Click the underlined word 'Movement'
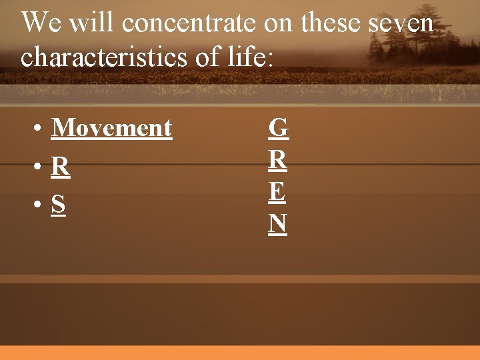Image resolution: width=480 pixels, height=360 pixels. (x=111, y=127)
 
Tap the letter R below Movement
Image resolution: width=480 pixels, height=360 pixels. (x=60, y=166)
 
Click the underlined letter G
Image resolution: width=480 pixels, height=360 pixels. (x=278, y=127)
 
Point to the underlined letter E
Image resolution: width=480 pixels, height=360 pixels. (x=278, y=192)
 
